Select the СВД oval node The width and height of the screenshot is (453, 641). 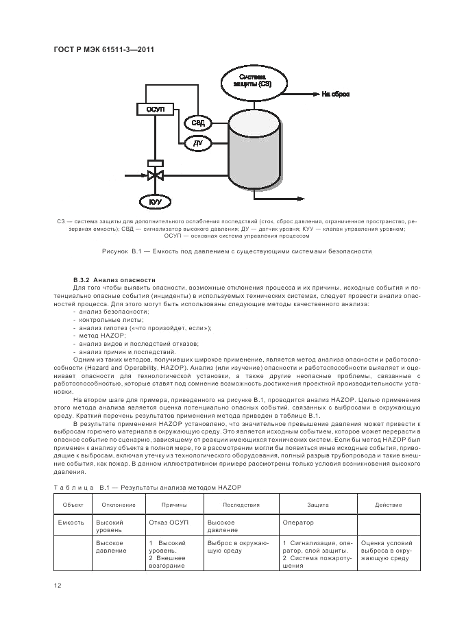(x=197, y=123)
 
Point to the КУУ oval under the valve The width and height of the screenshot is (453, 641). (x=155, y=201)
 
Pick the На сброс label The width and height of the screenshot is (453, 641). (x=335, y=94)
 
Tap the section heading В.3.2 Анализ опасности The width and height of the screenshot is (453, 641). (x=114, y=280)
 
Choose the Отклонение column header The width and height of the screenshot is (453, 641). (x=118, y=505)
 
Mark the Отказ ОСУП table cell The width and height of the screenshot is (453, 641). (x=168, y=523)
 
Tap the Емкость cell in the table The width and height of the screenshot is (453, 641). (x=71, y=523)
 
